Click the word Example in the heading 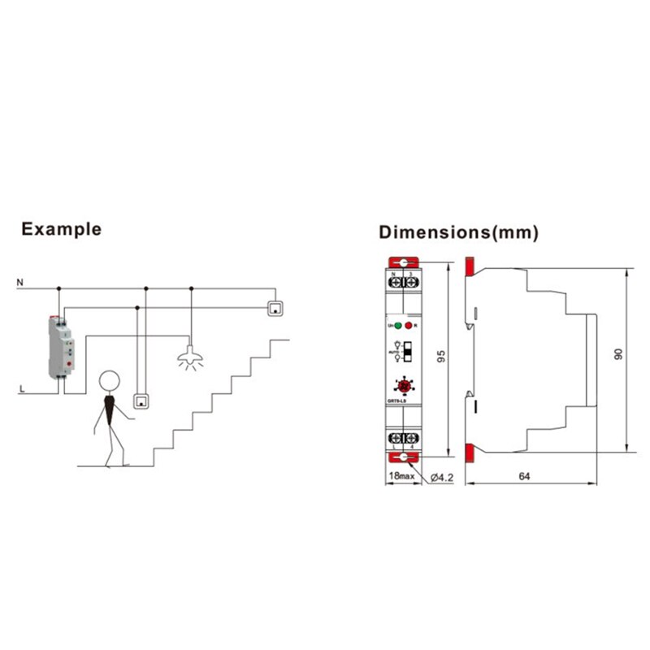click(62, 228)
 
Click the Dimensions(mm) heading click(459, 232)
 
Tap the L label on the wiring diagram click(22, 390)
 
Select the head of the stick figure click(110, 382)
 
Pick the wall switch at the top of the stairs click(277, 308)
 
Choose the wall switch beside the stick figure click(143, 401)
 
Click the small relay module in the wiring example click(62, 347)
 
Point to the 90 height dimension click(617, 356)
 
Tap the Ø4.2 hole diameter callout click(440, 477)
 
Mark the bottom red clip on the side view click(470, 452)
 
